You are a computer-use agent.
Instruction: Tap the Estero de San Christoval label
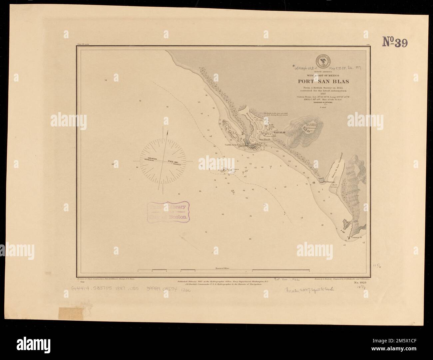point(338,167)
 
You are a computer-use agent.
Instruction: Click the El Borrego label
point(329,182)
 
